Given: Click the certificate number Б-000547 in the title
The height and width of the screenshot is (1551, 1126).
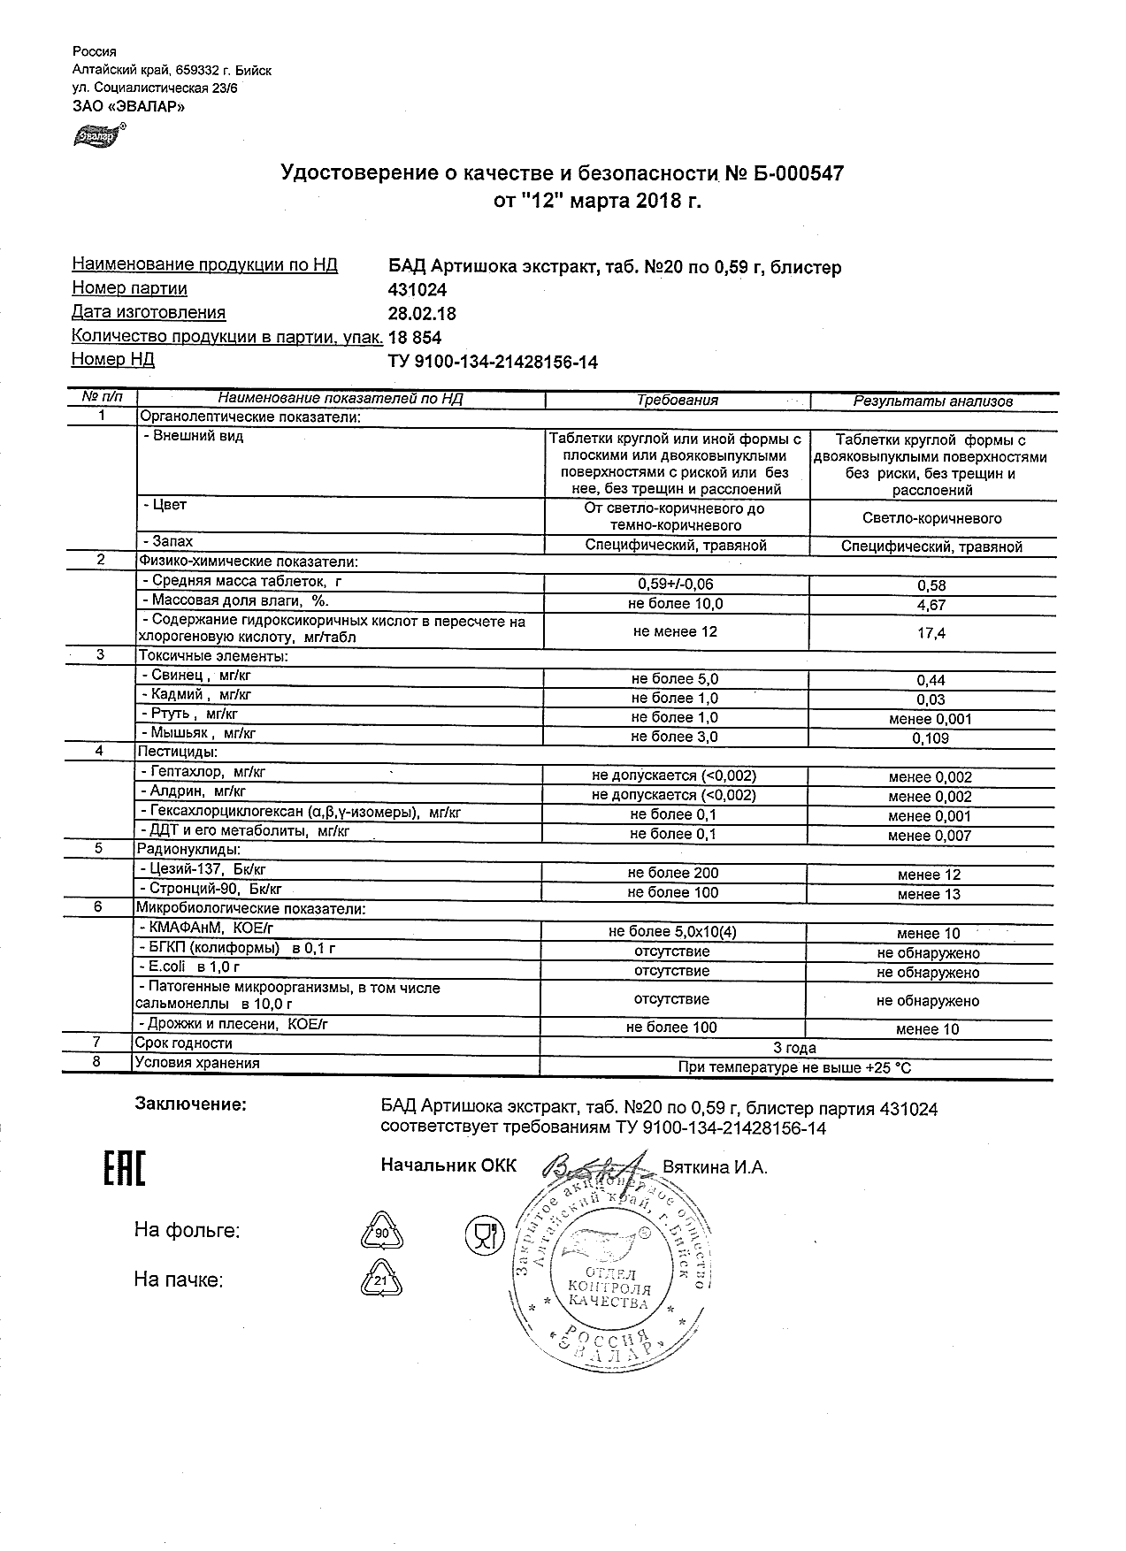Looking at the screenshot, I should coord(797,173).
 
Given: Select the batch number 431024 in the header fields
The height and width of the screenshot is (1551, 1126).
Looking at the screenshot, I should coord(417,290).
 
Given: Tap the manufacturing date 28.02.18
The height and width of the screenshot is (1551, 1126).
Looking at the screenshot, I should coord(422,314).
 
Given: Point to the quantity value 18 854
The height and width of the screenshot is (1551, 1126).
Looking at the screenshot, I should coord(415,338).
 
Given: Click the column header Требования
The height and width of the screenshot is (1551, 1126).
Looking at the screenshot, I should coord(678,401).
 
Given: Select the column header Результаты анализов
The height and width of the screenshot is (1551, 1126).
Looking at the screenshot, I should coord(932,401).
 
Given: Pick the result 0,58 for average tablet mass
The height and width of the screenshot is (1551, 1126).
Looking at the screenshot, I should coord(931,585).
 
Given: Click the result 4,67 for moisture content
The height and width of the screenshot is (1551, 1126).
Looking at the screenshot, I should coord(931,606).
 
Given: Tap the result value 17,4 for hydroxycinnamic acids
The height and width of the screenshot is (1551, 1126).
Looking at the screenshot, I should coord(931,633).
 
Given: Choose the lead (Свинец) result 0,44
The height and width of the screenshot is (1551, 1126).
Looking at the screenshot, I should coord(931,680).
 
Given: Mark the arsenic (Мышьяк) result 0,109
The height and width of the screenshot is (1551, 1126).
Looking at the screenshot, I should coord(931,738).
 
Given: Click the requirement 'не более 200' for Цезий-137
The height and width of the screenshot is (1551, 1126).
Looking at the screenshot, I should coord(673,874).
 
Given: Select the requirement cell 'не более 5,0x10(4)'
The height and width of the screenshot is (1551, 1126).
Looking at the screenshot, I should coord(673,932).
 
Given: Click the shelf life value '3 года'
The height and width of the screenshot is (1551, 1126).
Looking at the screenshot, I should coord(794,1048).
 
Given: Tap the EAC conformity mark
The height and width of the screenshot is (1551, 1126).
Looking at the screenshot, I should coord(124,1169).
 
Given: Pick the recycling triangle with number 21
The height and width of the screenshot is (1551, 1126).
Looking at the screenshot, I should coord(381,1279).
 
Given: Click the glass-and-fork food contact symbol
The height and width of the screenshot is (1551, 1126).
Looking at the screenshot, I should coord(484,1233).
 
